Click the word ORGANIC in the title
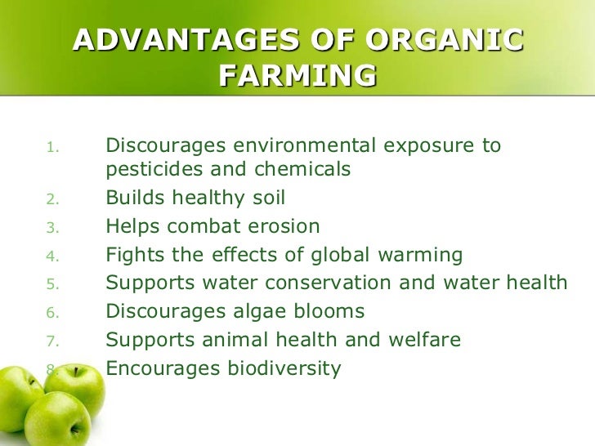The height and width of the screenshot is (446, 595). [444, 40]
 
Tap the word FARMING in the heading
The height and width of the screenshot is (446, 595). [297, 74]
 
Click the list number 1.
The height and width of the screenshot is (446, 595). [53, 147]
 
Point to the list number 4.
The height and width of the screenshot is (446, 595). [53, 256]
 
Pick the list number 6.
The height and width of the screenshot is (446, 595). [53, 313]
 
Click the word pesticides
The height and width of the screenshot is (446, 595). [154, 169]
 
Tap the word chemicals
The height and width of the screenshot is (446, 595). [302, 168]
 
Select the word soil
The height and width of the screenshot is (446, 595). [269, 197]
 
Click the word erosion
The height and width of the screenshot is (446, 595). [284, 226]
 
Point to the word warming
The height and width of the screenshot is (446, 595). [420, 255]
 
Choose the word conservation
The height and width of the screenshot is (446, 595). [328, 283]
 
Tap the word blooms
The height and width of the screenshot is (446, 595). [329, 310]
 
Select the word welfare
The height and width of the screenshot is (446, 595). [424, 339]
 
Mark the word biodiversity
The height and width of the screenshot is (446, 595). [284, 368]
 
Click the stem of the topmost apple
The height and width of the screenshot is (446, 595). [76, 372]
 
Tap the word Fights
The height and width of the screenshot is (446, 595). [135, 255]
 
